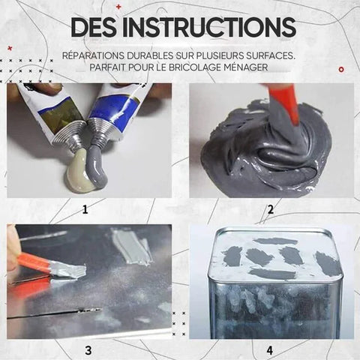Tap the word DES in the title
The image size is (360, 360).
click(94, 27)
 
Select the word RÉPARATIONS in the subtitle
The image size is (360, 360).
click(93, 55)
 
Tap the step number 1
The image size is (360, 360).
click(85, 209)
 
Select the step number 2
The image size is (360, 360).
click(271, 209)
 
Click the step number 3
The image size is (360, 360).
click(88, 350)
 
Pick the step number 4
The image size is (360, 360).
click(270, 350)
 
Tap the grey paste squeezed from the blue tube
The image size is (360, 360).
click(96, 163)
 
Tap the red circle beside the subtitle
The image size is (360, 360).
click(341, 70)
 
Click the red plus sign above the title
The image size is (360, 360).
click(118, 7)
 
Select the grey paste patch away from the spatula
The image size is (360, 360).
click(133, 246)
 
